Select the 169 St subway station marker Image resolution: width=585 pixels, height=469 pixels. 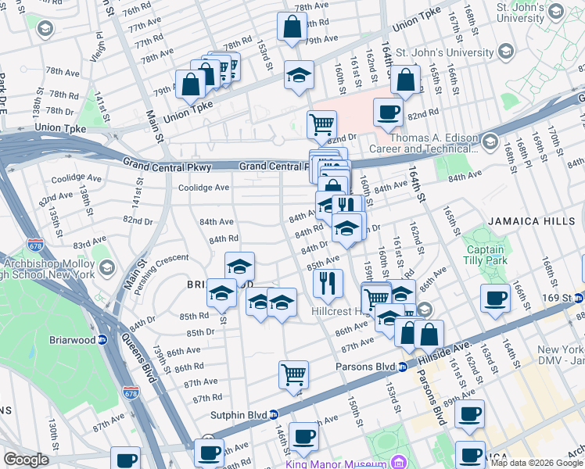578,298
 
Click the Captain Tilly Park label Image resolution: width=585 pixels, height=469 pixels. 486,255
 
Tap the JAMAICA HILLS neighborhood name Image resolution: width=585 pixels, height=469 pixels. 531,221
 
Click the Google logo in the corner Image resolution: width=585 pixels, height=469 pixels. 26,460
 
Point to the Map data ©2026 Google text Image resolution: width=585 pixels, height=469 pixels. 537,464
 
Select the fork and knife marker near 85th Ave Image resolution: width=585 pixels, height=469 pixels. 328,282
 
